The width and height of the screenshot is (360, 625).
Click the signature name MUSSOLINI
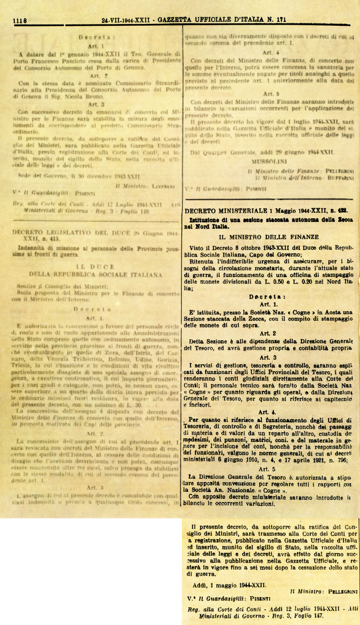[269, 161]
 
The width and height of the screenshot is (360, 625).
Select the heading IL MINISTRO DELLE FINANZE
[269, 237]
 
